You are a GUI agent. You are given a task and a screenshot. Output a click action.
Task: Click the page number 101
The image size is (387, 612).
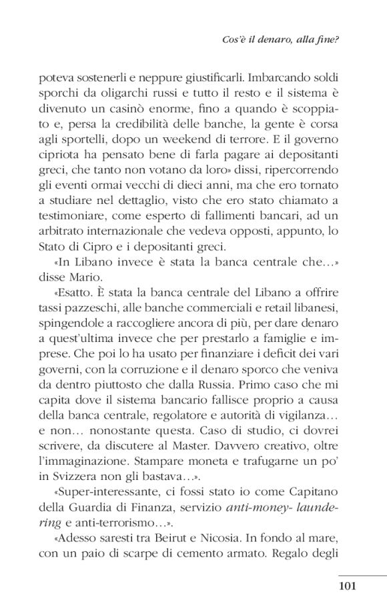point(348,586)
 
